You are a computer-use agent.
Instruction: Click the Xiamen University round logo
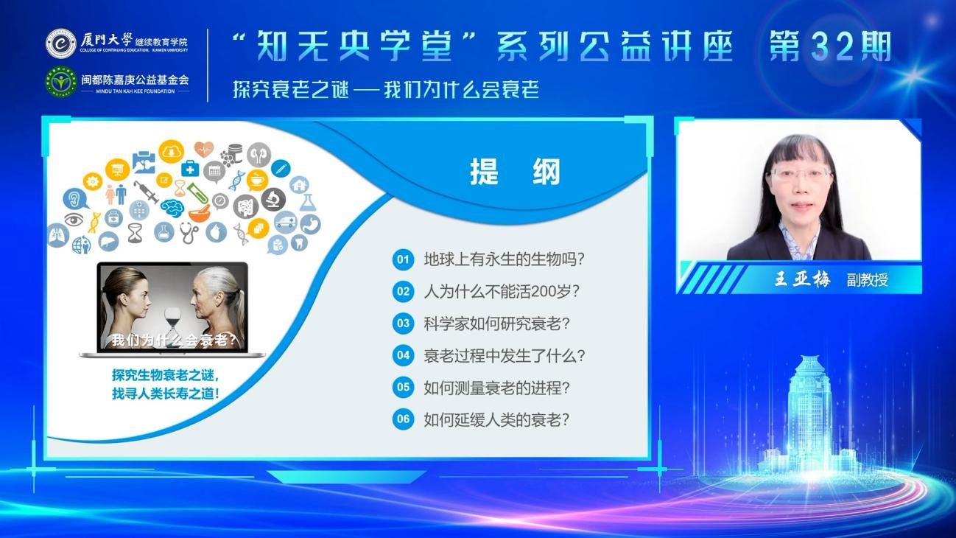61,43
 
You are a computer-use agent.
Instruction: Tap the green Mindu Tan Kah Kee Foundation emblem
61,81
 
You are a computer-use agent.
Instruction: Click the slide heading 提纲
515,172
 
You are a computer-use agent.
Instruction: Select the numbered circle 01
404,259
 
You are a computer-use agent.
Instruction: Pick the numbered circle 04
404,355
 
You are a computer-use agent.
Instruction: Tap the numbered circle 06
404,419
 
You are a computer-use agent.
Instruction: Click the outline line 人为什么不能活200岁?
502,292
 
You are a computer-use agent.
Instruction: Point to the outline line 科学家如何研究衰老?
496,324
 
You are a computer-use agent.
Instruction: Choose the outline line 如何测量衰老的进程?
496,388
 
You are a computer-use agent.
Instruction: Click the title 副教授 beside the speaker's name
867,280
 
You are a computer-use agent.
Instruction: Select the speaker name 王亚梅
802,279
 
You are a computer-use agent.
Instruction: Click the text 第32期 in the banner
830,46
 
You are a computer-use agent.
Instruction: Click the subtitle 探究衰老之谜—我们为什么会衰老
386,90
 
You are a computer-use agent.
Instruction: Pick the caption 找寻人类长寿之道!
166,394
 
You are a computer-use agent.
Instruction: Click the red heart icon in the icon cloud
204,149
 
